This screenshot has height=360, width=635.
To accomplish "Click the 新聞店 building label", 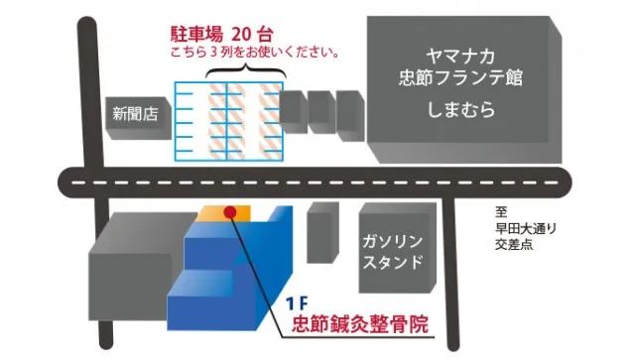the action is coord(135,114).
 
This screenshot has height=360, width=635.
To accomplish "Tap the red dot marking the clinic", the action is coord(229,212).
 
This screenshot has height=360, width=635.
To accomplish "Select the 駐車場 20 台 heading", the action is coord(222,35).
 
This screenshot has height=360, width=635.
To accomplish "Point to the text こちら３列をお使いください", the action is coord(254,53).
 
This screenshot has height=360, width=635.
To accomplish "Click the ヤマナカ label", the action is coord(460,57).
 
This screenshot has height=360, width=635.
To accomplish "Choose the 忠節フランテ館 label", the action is coord(460,77).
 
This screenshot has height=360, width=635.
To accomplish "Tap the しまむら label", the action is coord(460,109).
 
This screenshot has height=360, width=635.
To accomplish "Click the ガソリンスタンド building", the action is coord(398,248).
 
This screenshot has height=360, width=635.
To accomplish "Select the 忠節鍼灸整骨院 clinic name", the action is coord(360,324).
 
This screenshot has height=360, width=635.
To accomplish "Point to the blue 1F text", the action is coord(297,303).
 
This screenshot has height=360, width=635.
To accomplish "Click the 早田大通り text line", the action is coord(526,228).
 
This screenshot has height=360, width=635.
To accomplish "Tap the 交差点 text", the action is coord(514,245).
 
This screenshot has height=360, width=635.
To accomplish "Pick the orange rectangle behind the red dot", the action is coord(223,213).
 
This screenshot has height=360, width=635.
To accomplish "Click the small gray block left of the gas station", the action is coord(322,233).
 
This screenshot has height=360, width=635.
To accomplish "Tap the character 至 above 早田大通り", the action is coord(501,212).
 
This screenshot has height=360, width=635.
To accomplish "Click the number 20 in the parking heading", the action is coord(242,35).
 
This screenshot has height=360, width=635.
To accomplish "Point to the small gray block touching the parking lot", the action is coord(294,112).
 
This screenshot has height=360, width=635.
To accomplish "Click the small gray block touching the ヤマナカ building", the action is coord(351,116).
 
